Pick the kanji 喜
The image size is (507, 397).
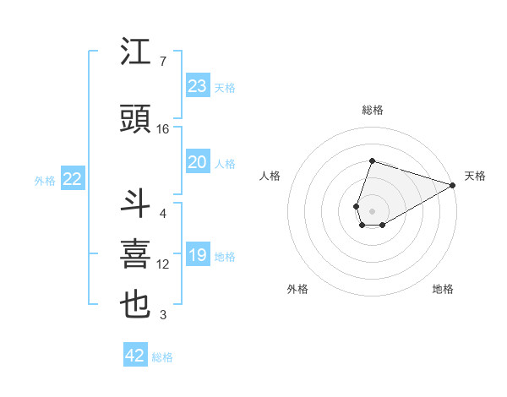[136, 255]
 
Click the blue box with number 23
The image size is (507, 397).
[197, 85]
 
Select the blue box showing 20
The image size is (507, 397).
[197, 162]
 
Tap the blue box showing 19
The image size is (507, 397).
[197, 255]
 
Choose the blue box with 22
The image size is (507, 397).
[73, 179]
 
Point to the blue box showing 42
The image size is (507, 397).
[135, 356]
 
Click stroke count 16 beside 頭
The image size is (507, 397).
[163, 129]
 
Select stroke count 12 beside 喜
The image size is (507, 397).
[163, 264]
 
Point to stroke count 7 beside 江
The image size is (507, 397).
[162, 62]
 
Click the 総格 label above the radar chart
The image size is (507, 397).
[373, 110]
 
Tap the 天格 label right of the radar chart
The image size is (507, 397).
[475, 176]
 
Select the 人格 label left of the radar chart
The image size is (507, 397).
[270, 176]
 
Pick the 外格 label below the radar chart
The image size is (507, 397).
[297, 289]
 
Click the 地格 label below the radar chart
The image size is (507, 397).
[443, 289]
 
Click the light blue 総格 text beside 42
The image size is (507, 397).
[163, 357]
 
